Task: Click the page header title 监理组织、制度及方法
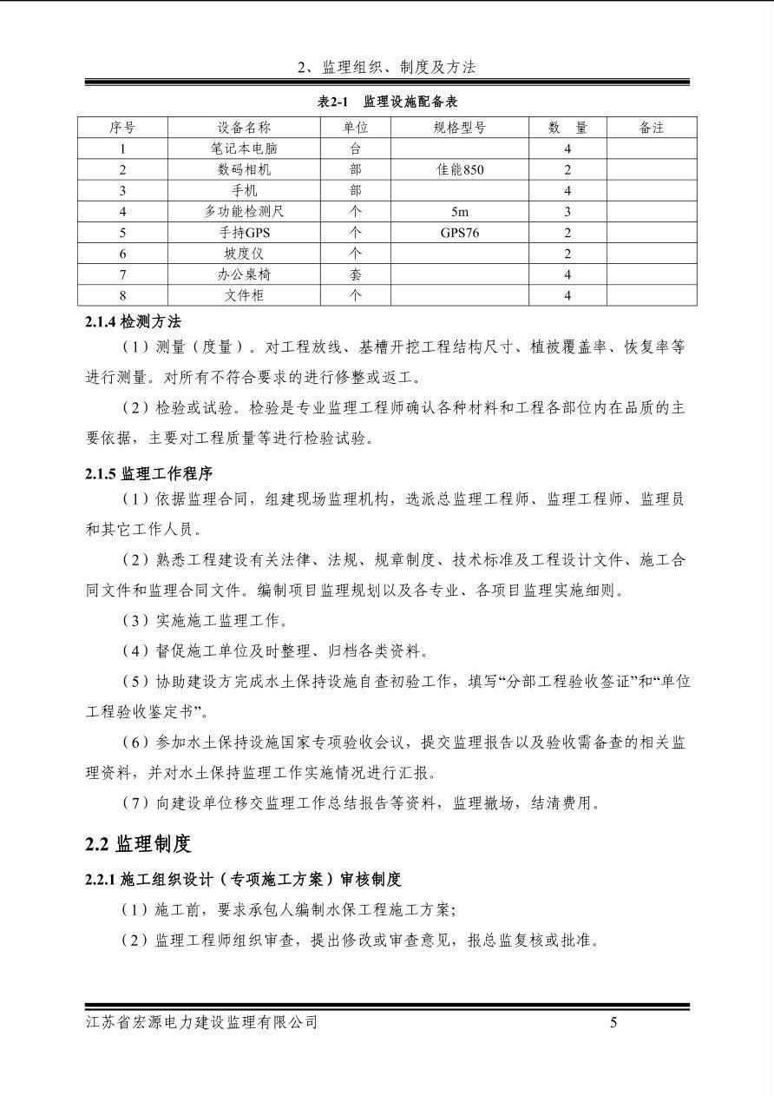(387, 67)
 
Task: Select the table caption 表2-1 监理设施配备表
(387, 102)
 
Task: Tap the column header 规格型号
(460, 128)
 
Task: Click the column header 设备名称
(244, 128)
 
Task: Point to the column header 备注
(651, 128)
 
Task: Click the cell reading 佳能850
(460, 169)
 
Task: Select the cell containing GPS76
(460, 232)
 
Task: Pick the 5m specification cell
(460, 211)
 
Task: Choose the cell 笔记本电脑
(244, 149)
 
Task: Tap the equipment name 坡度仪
(244, 254)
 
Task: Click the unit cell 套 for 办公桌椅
(355, 274)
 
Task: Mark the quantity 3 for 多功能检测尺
(567, 211)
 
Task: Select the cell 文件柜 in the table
(244, 295)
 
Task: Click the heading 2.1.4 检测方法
(133, 321)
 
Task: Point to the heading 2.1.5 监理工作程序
(148, 474)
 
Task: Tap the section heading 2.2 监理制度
(138, 843)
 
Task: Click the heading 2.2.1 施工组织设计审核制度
(243, 880)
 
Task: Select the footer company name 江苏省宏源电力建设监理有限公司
(202, 1022)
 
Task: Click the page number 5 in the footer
(613, 1022)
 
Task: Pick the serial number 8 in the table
(122, 295)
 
